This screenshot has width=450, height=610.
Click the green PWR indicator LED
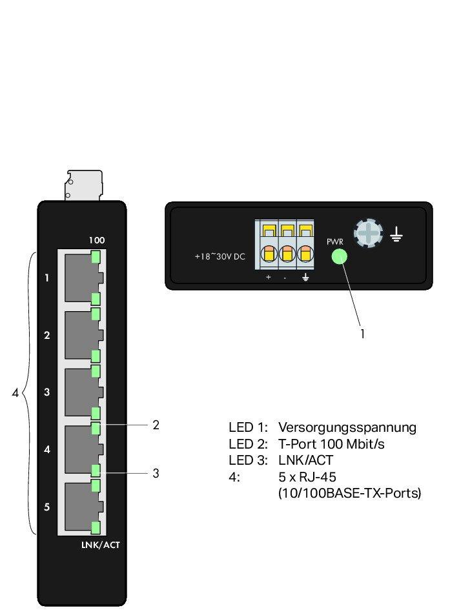[339, 256]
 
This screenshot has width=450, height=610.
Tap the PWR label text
[335, 241]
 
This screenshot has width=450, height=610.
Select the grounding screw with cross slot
[368, 232]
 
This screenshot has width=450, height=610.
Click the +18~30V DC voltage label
[220, 256]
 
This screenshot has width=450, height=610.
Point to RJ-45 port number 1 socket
[81, 278]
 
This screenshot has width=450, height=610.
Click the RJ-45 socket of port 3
[81, 392]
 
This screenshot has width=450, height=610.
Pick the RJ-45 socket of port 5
[81, 507]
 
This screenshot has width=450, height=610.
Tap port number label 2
[46, 335]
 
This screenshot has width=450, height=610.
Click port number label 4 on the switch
[46, 449]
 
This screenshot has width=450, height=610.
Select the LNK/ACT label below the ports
[100, 545]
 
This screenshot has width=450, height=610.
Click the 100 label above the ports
[97, 240]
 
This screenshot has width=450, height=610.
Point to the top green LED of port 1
[96, 257]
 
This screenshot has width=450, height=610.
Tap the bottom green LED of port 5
[96, 527]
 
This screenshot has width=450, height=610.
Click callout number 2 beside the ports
[156, 425]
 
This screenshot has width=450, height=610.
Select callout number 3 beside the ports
[156, 473]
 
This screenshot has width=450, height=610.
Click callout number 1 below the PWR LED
[362, 334]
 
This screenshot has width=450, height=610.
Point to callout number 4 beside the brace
[15, 392]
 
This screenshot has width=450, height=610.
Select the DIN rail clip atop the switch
[83, 186]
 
